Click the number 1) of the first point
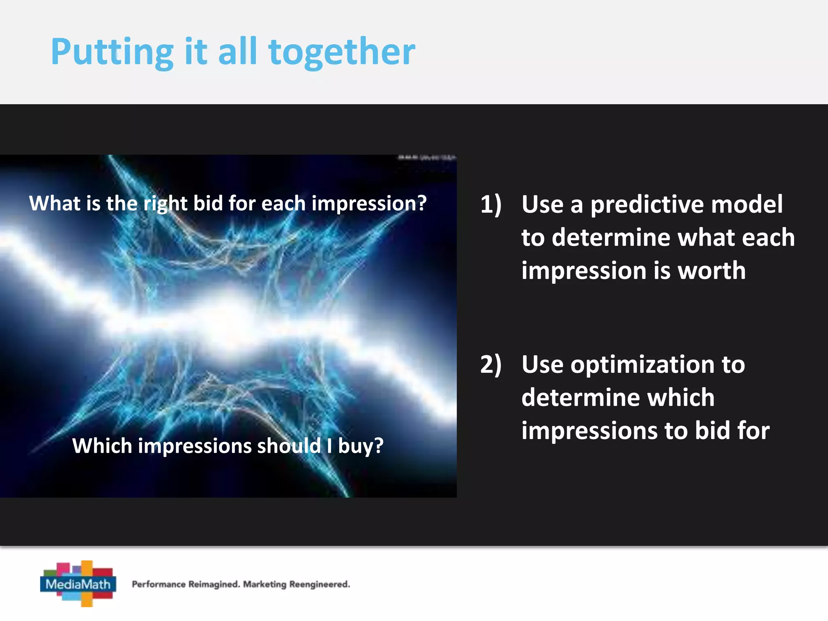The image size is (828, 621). [x=491, y=204]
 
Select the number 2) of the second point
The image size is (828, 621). [x=491, y=364]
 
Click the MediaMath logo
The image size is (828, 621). [x=78, y=583]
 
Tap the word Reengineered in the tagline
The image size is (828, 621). [x=319, y=584]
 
